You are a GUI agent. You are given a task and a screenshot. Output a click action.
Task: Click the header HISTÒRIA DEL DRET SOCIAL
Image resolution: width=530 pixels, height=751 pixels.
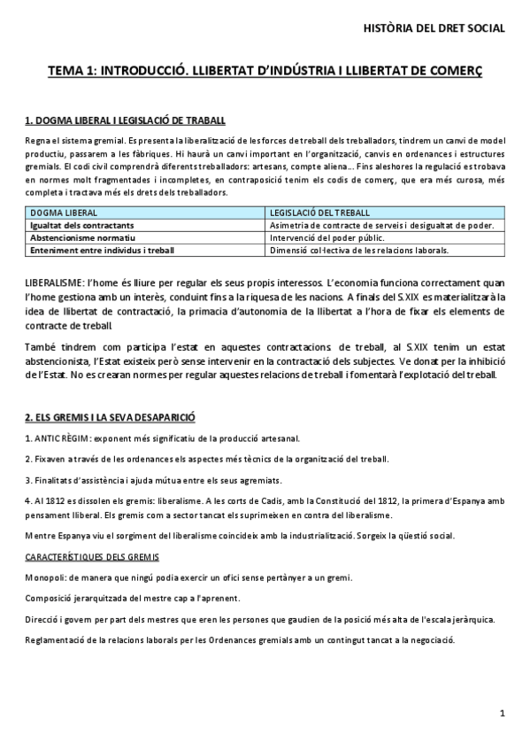pos(434,28)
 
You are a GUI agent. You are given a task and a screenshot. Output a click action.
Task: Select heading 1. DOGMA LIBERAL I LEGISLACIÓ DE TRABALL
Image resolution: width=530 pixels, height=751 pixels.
pos(125,120)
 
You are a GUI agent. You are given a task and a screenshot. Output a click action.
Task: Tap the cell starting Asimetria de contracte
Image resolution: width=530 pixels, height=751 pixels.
pos(394,226)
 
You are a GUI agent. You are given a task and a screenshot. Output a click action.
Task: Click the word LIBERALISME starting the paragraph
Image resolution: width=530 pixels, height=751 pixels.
pos(53,280)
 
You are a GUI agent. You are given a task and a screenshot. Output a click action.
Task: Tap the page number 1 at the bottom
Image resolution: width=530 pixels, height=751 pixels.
pos(502,713)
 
